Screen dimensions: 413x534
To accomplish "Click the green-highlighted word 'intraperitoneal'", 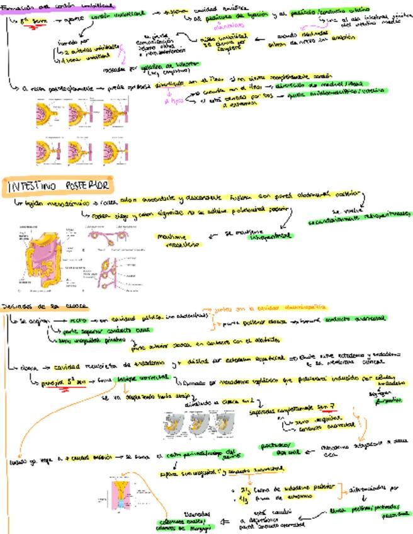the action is pos(271,236).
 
